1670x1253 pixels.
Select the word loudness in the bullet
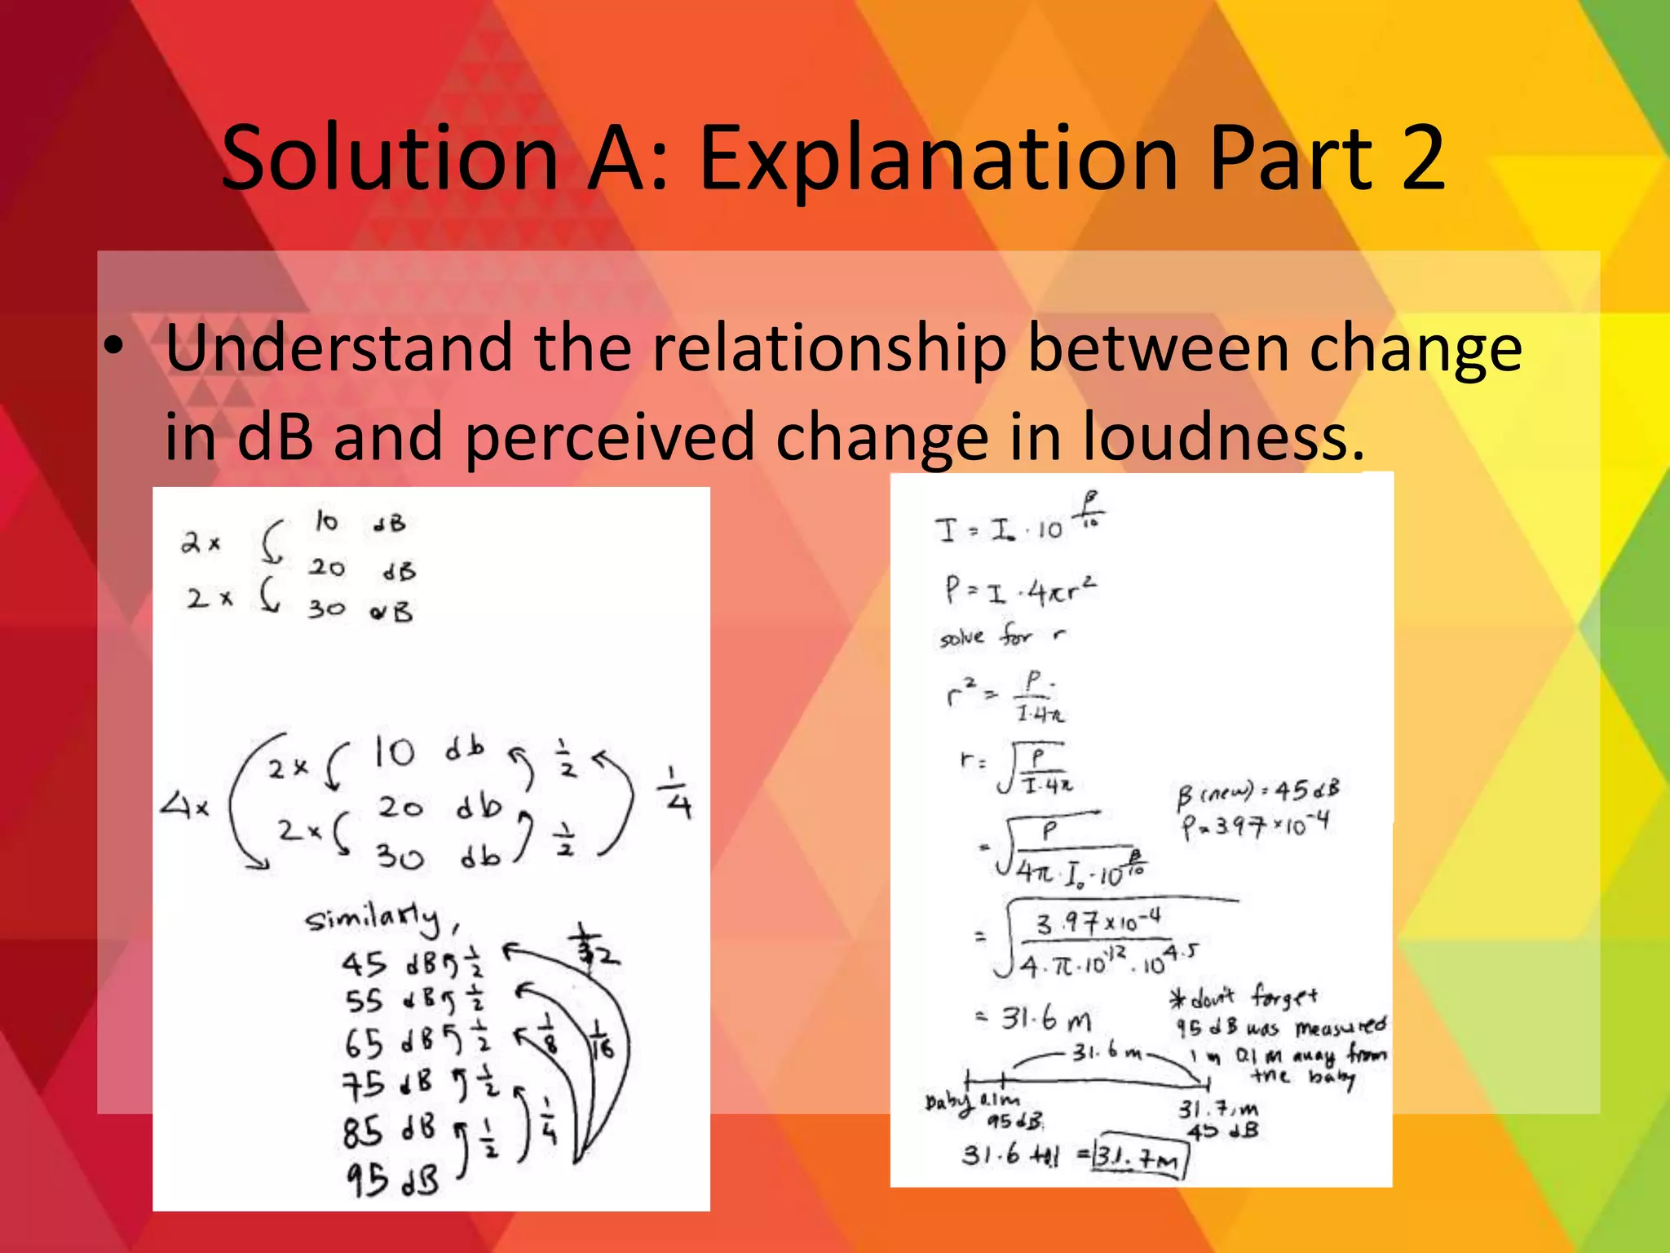(x=1222, y=436)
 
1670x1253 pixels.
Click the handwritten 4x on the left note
(x=183, y=808)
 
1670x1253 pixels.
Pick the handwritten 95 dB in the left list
(x=391, y=1180)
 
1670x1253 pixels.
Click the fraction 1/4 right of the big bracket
(x=678, y=793)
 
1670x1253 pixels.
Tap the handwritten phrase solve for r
(x=1002, y=635)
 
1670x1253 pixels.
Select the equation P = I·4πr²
(x=1020, y=591)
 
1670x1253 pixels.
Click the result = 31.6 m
(x=1034, y=1019)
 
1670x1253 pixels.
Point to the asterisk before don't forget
(x=1177, y=998)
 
